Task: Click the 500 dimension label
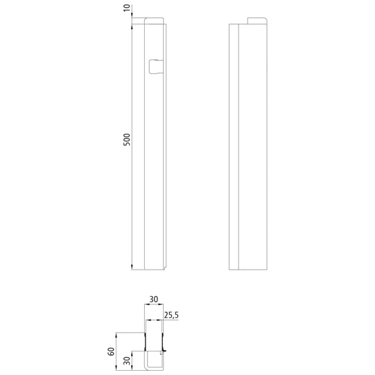[x=127, y=139]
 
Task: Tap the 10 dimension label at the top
[x=128, y=8]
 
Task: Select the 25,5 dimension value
[x=171, y=315]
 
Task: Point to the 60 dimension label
[x=111, y=351]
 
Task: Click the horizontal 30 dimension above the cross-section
[x=154, y=299]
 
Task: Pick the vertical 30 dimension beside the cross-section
[x=128, y=361]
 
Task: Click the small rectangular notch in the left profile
[x=156, y=67]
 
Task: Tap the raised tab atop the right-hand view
[x=257, y=21]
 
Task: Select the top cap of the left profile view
[x=154, y=21]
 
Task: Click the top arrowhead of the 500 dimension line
[x=132, y=26]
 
